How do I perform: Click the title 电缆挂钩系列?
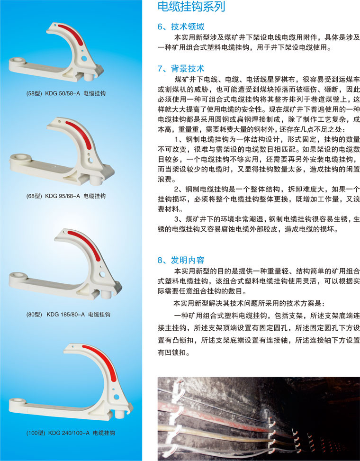pyautogui.click(x=191, y=7)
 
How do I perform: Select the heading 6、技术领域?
pyautogui.click(x=181, y=27)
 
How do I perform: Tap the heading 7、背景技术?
pyautogui.click(x=181, y=69)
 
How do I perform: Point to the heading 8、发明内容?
pyautogui.click(x=181, y=260)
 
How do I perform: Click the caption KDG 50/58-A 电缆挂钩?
pyautogui.click(x=75, y=93)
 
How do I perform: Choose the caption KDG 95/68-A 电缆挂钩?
pyautogui.click(x=75, y=196)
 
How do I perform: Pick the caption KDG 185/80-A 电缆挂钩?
pyautogui.click(x=79, y=314)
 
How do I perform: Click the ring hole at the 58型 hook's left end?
pyautogui.click(x=18, y=61)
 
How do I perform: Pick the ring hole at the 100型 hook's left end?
pyautogui.click(x=18, y=400)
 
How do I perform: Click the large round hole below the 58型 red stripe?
pyautogui.click(x=84, y=58)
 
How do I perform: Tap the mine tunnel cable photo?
pyautogui.click(x=259, y=419)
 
